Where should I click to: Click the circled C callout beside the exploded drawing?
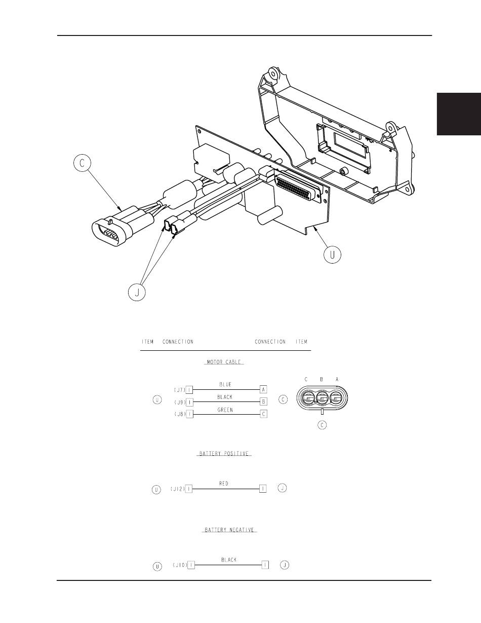click(x=82, y=163)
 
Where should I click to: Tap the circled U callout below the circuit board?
click(x=333, y=254)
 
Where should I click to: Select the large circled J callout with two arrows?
click(x=137, y=292)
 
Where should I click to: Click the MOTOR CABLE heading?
click(x=224, y=362)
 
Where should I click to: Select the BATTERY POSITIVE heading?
click(x=224, y=454)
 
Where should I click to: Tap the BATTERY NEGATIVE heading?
click(x=229, y=530)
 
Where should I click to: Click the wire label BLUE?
click(x=225, y=384)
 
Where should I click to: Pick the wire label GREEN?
click(x=225, y=410)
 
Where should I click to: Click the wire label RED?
click(x=224, y=484)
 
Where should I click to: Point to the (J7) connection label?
click(x=180, y=390)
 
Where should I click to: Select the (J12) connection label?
click(x=178, y=489)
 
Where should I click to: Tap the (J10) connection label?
click(x=180, y=565)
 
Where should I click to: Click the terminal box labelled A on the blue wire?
click(x=263, y=389)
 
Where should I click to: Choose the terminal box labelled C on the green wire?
click(x=264, y=414)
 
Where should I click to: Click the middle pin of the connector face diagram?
click(x=323, y=398)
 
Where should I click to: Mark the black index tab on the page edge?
click(x=459, y=114)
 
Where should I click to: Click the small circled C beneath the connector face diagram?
click(x=322, y=425)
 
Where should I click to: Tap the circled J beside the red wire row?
click(x=283, y=488)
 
